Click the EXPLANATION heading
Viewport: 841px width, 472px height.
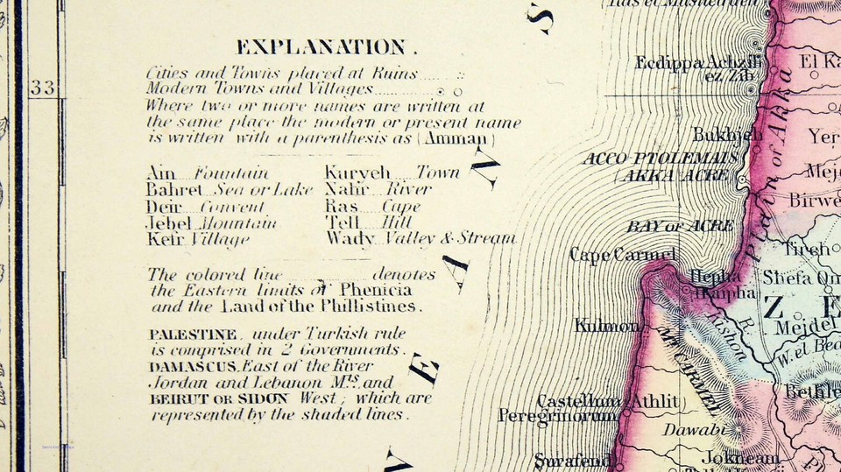pos(322,47)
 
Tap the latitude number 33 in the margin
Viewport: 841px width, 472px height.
pos(41,87)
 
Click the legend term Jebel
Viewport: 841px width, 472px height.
pos(168,222)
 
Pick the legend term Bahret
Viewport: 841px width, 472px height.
pos(174,190)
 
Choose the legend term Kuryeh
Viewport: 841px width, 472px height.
pos(357,173)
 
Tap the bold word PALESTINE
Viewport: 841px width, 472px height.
pos(192,335)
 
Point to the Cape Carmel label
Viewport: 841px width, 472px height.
pos(623,255)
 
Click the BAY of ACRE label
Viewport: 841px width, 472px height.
pos(680,226)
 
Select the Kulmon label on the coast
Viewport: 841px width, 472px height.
pos(606,327)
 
